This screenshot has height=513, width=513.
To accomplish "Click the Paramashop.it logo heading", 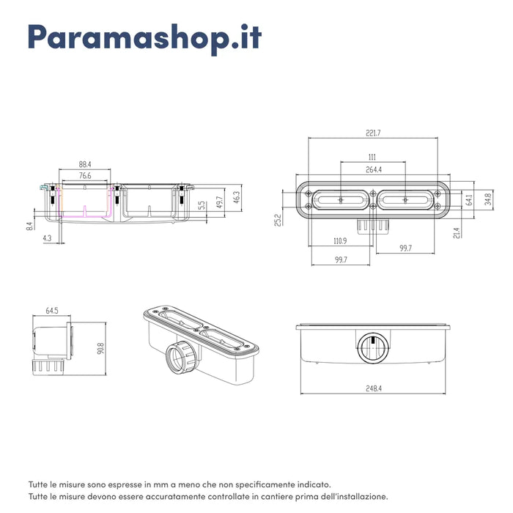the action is [x=144, y=38].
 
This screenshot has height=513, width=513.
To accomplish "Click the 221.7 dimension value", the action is [x=373, y=133].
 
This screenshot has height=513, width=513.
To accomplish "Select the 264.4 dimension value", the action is [x=373, y=169].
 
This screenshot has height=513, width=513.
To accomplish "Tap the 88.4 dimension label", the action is [x=85, y=164].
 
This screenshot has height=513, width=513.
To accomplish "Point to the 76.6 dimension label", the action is [x=85, y=176].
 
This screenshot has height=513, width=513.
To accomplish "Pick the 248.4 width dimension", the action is [x=374, y=388].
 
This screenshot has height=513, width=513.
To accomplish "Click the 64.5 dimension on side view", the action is [x=52, y=311].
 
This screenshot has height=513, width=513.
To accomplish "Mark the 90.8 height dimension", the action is [x=100, y=348].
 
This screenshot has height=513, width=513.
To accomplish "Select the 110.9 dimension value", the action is [x=340, y=241].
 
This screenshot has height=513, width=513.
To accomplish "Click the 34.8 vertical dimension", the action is [x=488, y=199].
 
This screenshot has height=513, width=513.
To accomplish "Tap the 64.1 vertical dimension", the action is [x=470, y=199].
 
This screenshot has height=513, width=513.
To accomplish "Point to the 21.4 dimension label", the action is [x=457, y=232].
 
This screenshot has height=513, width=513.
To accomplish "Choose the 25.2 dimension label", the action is [x=278, y=220].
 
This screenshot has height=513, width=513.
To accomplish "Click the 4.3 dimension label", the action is [x=47, y=238].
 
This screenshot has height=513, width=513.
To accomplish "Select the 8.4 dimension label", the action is [x=29, y=226].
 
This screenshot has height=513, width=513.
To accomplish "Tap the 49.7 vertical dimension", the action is [x=220, y=202].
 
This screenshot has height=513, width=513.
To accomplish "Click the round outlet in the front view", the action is [x=373, y=348].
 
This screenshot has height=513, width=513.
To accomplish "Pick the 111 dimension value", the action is [x=372, y=158].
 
